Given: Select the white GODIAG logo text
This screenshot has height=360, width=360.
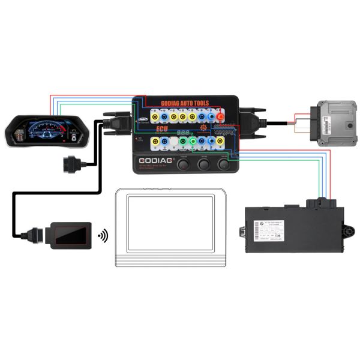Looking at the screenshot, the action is pyautogui.click(x=157, y=161).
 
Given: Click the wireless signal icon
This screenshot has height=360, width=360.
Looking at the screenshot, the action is pyautogui.click(x=103, y=234).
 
